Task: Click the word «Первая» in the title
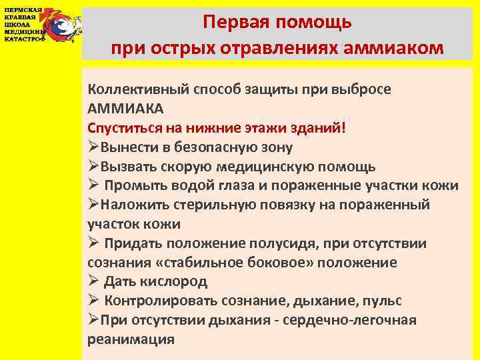click(239, 23)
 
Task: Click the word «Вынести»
click(131, 147)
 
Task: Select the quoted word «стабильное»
click(199, 263)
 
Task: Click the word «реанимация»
click(131, 339)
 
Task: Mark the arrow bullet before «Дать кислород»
click(93, 281)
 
